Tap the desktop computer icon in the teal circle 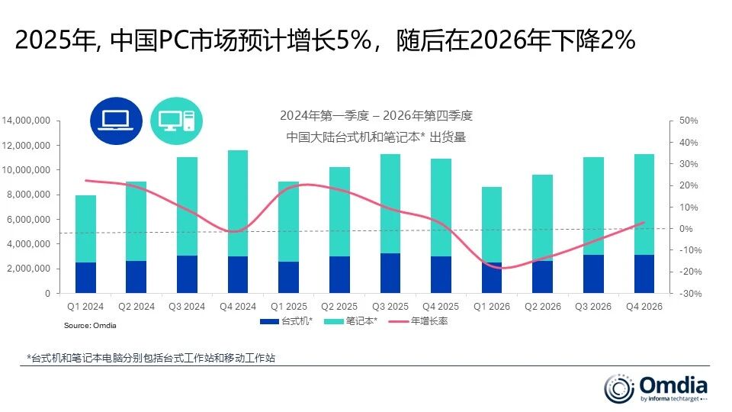[x=176, y=121]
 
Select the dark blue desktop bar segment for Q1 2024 [x=85, y=278]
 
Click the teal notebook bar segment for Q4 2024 [x=237, y=203]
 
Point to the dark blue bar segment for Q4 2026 [x=644, y=274]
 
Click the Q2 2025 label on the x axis [x=339, y=307]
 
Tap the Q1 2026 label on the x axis [x=491, y=307]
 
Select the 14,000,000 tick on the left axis [x=27, y=121]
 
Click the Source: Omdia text [x=90, y=326]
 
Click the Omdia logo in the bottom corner [x=656, y=387]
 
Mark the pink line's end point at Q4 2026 [x=644, y=223]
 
